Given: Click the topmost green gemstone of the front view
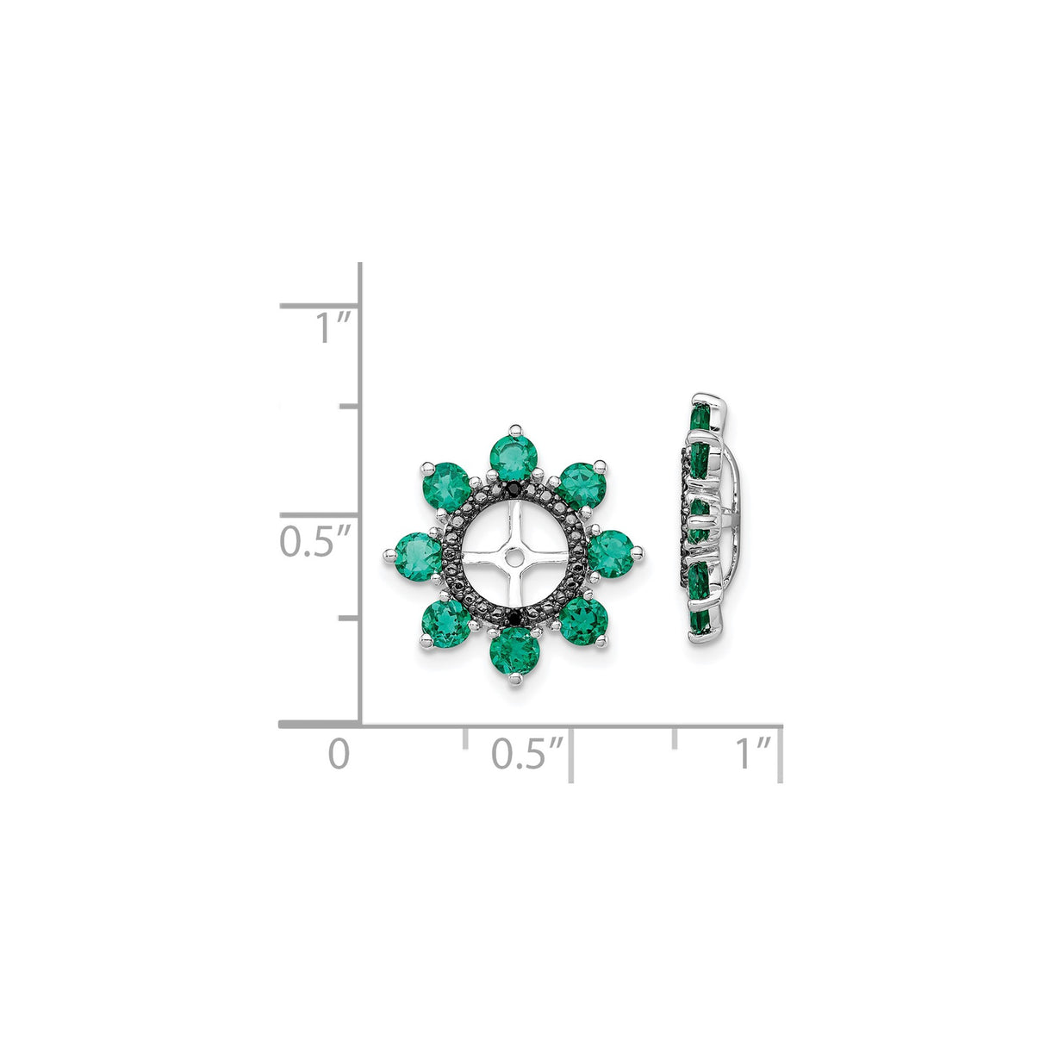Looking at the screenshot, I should (x=515, y=456).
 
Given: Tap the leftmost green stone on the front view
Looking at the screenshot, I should (x=417, y=554).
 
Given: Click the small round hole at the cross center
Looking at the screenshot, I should (x=514, y=556).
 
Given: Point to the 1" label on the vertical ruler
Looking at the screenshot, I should (x=332, y=328).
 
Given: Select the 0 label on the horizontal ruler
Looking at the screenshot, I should (x=339, y=754).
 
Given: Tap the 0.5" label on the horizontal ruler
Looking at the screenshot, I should (x=528, y=754).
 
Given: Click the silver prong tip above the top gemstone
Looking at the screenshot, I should (x=515, y=427).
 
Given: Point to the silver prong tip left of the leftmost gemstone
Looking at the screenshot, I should (x=388, y=553).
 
